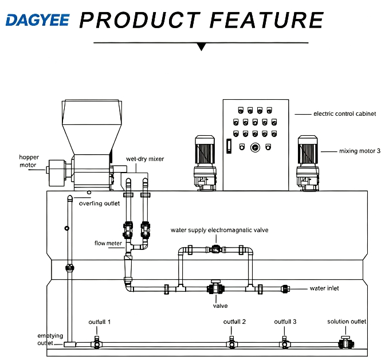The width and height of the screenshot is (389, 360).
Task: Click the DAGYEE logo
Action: (37, 20)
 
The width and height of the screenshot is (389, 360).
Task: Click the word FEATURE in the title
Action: (266, 20)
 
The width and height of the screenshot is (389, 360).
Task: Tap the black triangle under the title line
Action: (202, 46)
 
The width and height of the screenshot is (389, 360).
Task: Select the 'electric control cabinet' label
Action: (344, 114)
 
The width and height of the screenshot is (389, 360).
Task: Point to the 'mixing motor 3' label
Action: (360, 151)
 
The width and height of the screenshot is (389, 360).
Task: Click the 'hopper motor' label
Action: (29, 161)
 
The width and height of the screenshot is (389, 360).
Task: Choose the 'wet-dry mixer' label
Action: (145, 159)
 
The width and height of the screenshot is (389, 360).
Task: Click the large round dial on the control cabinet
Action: (255, 147)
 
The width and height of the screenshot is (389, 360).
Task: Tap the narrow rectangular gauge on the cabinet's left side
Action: (229, 146)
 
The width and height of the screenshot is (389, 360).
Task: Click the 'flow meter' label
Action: (108, 243)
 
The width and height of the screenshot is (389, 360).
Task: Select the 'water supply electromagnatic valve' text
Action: (219, 230)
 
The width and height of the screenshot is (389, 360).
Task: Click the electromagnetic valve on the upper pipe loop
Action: (216, 249)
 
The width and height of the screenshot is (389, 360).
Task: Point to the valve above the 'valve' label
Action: (215, 288)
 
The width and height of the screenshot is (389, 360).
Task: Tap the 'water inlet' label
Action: (324, 288)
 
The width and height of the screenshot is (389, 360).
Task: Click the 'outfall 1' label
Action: (100, 322)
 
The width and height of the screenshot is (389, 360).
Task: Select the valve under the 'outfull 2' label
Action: (231, 343)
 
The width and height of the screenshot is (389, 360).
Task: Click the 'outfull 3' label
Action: (285, 322)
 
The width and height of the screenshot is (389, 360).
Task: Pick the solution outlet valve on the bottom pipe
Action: (346, 343)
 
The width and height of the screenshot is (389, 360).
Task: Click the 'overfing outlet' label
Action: (99, 204)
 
